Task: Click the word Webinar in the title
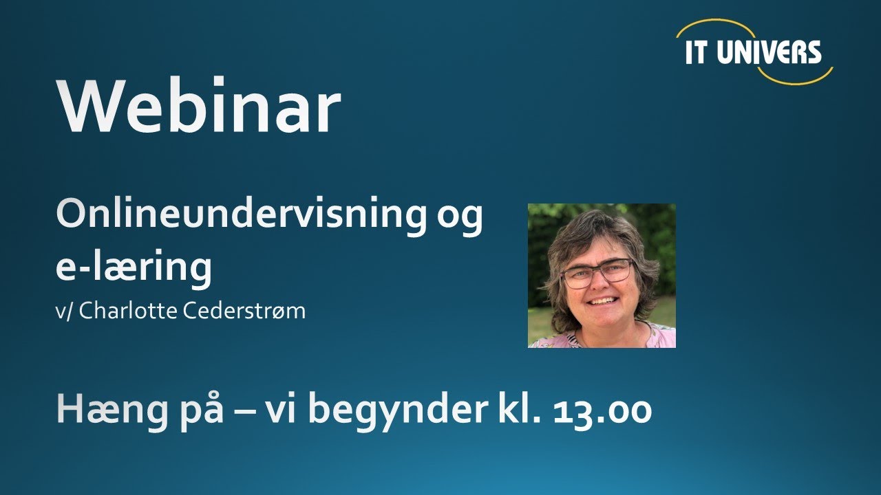click(x=200, y=109)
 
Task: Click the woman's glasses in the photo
click(x=596, y=273)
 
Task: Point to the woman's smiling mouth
click(x=604, y=300)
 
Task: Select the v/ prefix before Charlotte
click(x=65, y=311)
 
